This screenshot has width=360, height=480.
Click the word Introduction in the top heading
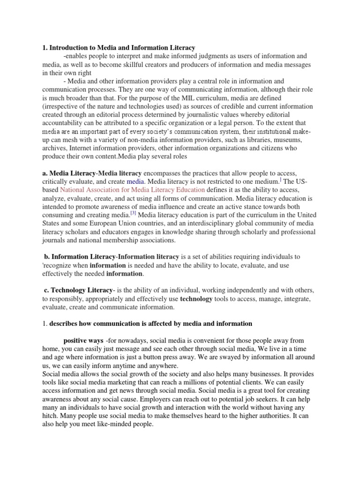70,48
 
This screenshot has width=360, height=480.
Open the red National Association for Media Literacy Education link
133,190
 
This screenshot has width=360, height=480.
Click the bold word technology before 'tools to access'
196,299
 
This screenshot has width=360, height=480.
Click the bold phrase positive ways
83,340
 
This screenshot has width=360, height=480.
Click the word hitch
52,416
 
